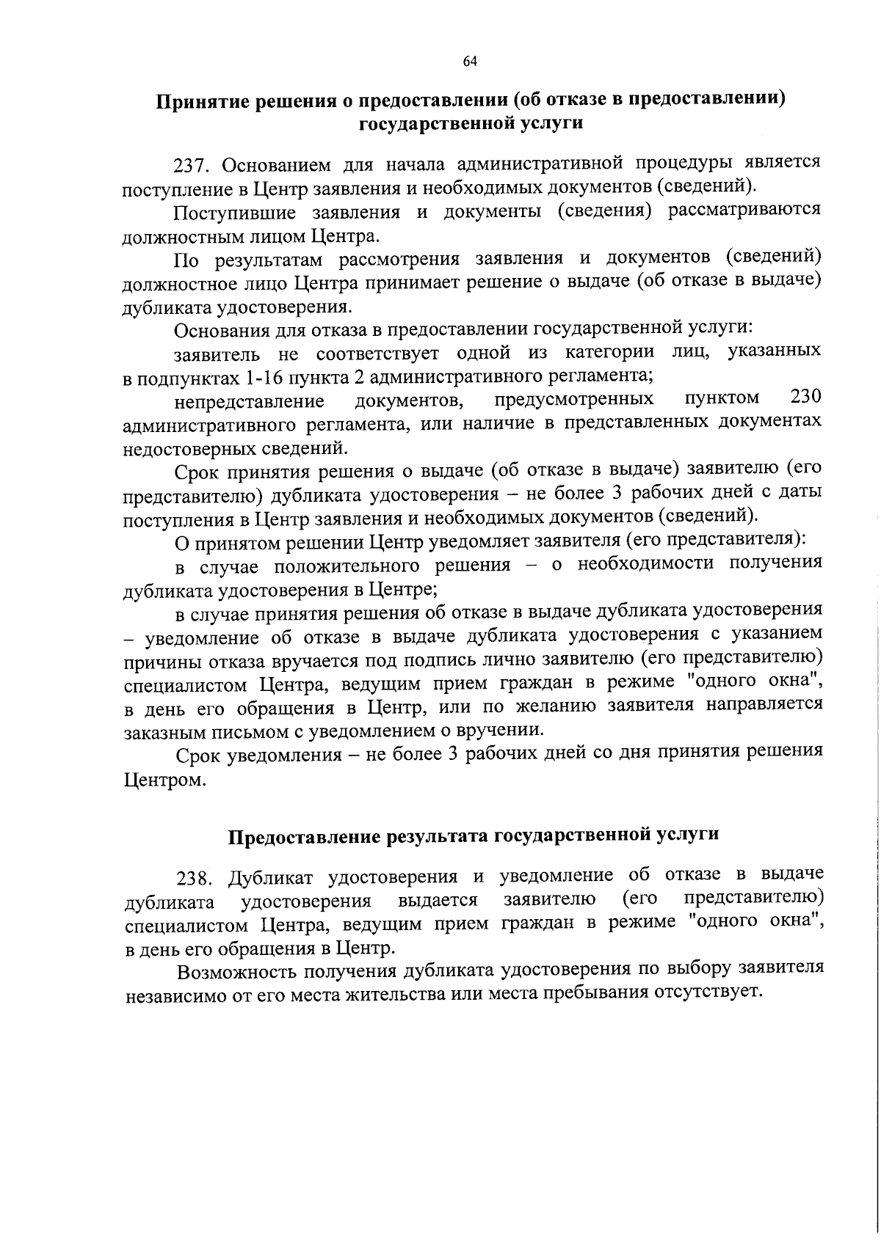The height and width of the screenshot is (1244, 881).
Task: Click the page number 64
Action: pyautogui.click(x=471, y=61)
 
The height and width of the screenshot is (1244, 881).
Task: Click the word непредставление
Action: pyautogui.click(x=250, y=401)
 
